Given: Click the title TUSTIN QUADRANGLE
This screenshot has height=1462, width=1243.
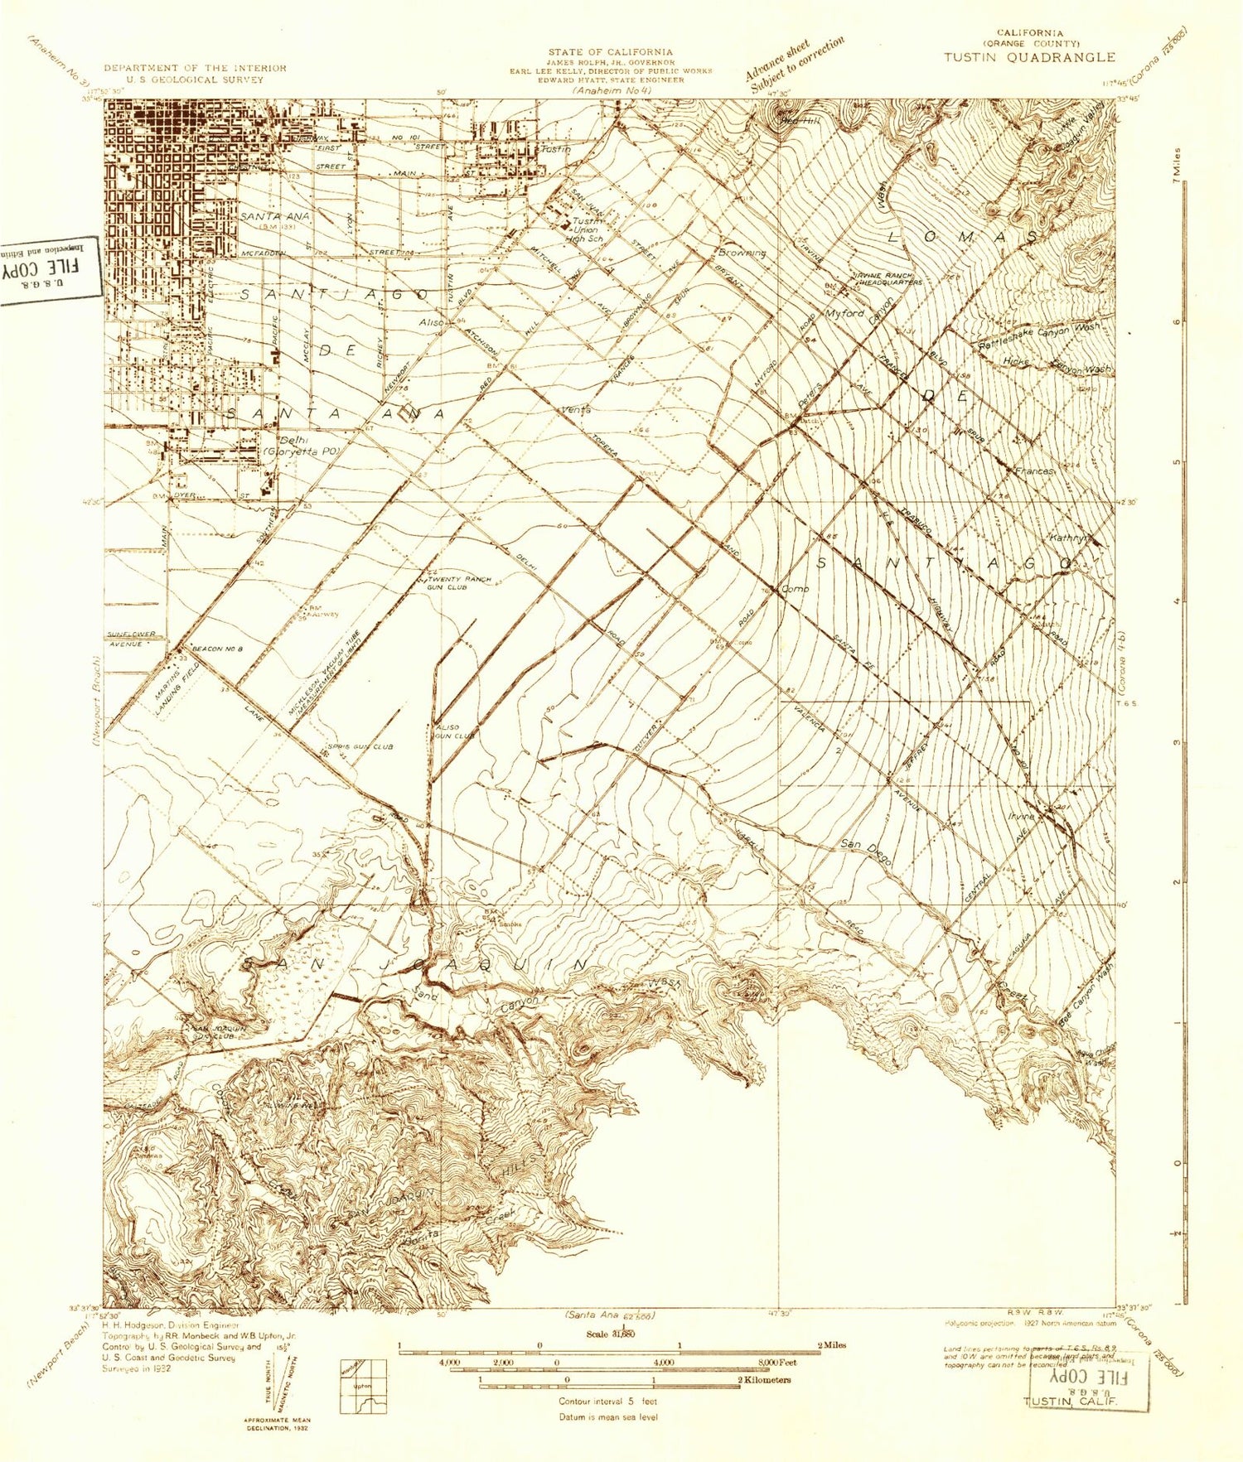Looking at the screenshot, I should pos(1028,57).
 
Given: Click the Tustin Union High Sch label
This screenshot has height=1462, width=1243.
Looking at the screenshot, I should pos(587,229).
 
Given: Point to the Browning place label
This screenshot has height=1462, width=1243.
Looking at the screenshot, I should pos(742,253).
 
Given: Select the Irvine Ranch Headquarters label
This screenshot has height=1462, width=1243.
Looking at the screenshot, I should pos(887,279).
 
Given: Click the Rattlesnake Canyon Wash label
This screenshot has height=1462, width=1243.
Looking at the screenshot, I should pos(1041,335).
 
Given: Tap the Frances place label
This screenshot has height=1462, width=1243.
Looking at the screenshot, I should pos(1034,470).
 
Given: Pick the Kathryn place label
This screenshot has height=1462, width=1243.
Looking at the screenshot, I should pos(1068,538).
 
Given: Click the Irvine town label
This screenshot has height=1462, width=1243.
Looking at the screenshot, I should pos(1021,816).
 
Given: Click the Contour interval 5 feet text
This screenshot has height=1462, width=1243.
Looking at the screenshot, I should pos(607,1402).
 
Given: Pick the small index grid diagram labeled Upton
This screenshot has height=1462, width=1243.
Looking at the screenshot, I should pos(363,1386).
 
